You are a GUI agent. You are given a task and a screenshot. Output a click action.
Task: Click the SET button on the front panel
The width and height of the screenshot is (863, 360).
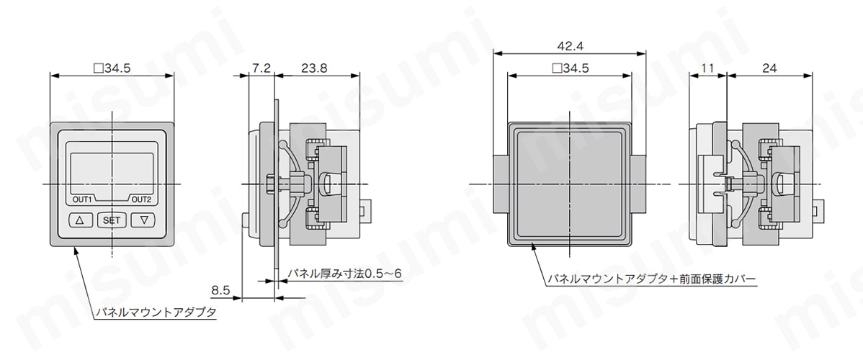point(112,220)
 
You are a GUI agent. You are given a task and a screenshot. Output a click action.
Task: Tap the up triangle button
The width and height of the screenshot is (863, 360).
point(81,220)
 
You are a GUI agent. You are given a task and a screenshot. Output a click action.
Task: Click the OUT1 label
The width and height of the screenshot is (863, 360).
point(83,200)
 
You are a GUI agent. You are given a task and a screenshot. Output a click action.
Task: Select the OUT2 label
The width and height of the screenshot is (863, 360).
point(141,200)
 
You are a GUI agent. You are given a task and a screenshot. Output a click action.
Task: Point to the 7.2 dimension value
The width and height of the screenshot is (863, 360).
point(261,68)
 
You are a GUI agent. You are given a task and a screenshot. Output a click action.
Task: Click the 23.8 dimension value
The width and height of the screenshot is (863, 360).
point(314,68)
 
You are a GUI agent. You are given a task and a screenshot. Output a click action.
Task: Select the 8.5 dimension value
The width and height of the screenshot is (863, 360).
point(220,289)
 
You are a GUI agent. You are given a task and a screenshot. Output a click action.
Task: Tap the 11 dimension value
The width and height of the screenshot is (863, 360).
point(708,68)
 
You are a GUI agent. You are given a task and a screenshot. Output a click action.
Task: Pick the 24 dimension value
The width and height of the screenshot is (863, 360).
point(769,68)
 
